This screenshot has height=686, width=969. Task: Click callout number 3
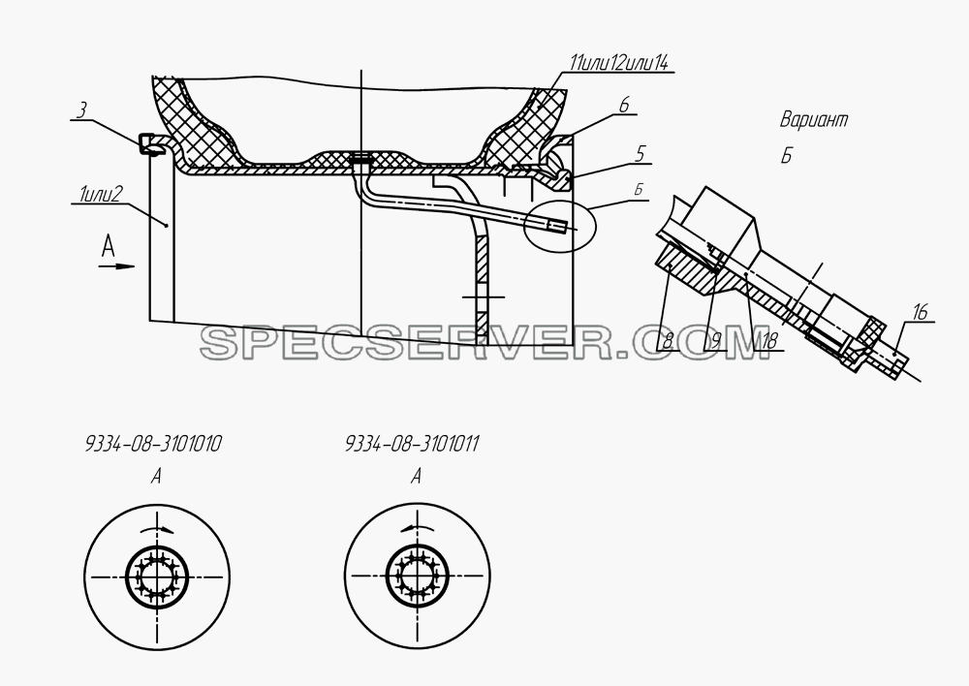(81, 110)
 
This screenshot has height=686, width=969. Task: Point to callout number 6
(623, 105)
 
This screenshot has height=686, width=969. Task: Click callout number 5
(641, 153)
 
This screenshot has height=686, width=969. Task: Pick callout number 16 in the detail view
(920, 313)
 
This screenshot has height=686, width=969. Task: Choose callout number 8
(667, 341)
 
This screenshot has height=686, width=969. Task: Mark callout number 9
(715, 341)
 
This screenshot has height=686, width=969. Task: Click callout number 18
(768, 341)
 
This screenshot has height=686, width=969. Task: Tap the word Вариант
(813, 119)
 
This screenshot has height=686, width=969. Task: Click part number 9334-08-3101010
(153, 444)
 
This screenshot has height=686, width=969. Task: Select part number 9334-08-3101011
(412, 444)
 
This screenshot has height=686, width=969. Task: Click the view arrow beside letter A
(116, 266)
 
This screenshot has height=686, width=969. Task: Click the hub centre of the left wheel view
(157, 577)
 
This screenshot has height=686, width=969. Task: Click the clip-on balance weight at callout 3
(149, 144)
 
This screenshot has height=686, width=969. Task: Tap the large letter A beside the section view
(109, 247)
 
